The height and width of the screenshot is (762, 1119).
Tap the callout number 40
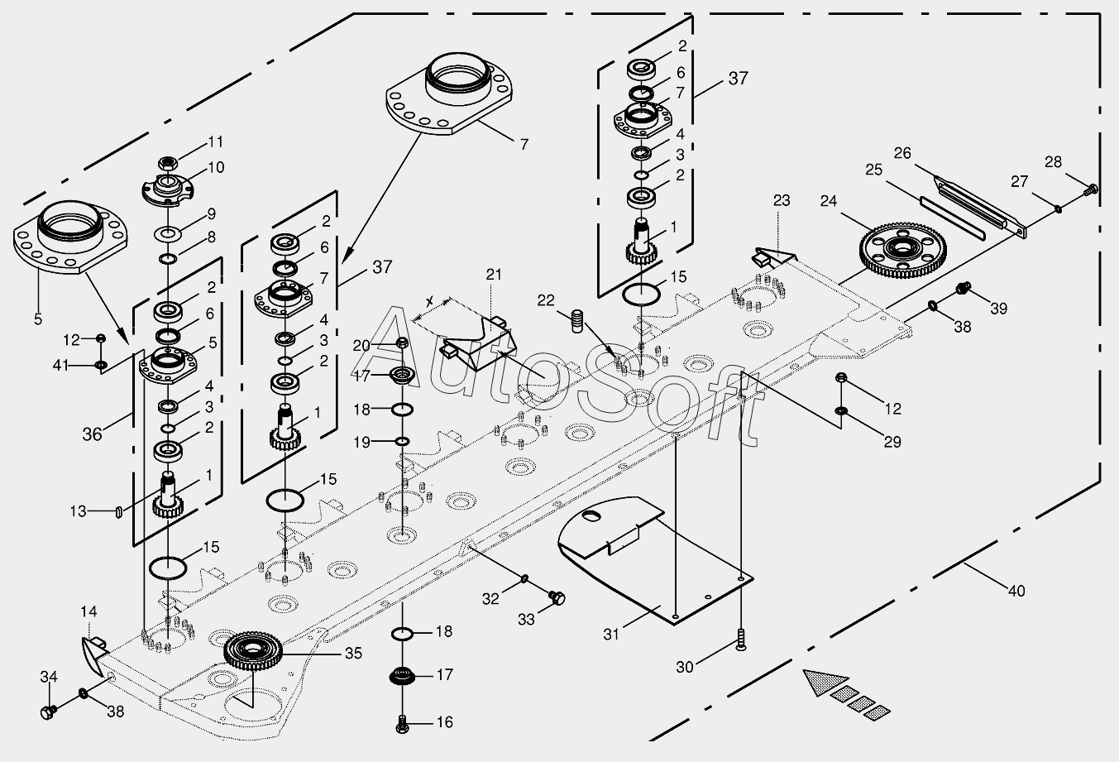tap(1016, 591)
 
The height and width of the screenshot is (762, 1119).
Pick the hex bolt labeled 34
tap(47, 711)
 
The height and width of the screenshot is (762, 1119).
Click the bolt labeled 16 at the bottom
tap(403, 725)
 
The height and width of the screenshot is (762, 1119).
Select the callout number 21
tap(494, 274)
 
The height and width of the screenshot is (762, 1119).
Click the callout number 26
tap(901, 153)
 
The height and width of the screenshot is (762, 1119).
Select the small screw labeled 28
tap(1091, 189)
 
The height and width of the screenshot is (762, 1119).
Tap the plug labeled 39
tap(961, 288)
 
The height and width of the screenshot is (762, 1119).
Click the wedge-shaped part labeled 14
tap(93, 650)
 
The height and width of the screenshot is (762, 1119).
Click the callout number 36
tap(92, 434)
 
